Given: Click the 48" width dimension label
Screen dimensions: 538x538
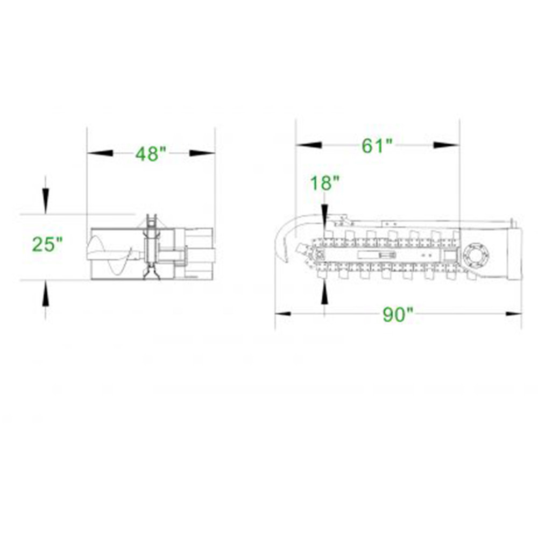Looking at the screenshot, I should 150,154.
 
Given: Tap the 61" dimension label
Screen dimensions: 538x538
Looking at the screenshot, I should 377,145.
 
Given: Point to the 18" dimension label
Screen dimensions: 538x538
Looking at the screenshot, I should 324,183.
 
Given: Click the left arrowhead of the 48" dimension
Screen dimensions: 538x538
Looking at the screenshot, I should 100,153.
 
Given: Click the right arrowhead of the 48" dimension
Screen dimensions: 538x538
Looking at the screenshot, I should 202,153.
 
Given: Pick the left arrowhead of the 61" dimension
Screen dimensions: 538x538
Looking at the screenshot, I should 308,145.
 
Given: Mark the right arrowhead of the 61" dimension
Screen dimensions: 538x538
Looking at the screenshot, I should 447,145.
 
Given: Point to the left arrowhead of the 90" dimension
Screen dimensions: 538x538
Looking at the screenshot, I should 284,314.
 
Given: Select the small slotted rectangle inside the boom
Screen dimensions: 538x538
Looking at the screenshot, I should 376,254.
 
